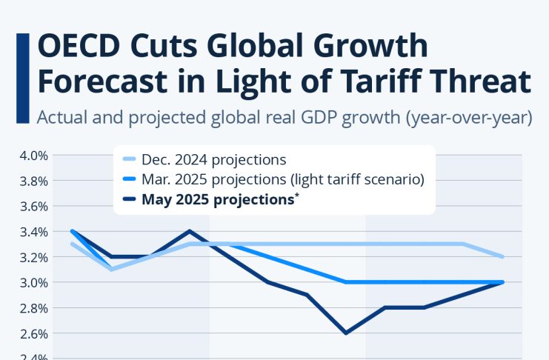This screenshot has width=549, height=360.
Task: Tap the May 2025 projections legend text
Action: (218, 199)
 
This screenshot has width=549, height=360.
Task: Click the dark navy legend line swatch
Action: (129, 199)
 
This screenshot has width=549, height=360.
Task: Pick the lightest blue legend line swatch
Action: (129, 159)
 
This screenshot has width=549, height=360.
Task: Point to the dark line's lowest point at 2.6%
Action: (345, 333)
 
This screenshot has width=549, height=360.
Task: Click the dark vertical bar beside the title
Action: (21, 65)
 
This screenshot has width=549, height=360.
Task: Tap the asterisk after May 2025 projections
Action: (296, 196)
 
